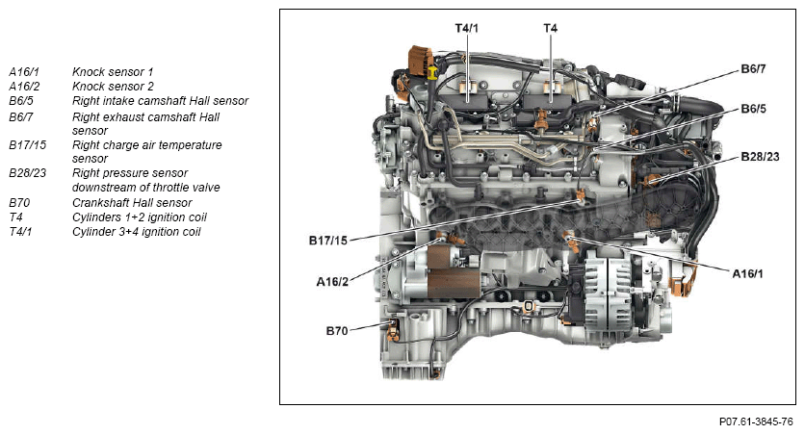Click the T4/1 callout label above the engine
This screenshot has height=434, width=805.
(x=467, y=29)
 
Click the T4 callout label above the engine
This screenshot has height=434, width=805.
(x=550, y=29)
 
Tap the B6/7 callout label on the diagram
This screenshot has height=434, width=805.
(x=753, y=69)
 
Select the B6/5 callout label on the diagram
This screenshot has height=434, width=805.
(x=753, y=109)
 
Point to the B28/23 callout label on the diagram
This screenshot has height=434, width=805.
(x=758, y=156)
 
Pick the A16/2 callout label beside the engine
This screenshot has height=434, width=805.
(x=332, y=282)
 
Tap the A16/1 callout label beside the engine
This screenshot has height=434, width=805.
(x=748, y=274)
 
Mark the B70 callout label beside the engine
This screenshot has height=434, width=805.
(x=337, y=330)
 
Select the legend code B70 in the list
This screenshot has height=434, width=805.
(x=19, y=203)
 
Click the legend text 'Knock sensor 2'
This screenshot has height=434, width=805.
(x=112, y=87)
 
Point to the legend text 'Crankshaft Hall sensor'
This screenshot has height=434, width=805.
(x=132, y=203)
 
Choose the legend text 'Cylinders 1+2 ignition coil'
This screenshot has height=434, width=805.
(x=140, y=217)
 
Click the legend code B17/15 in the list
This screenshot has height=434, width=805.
(x=28, y=145)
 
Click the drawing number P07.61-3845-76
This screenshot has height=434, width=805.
(x=756, y=421)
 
